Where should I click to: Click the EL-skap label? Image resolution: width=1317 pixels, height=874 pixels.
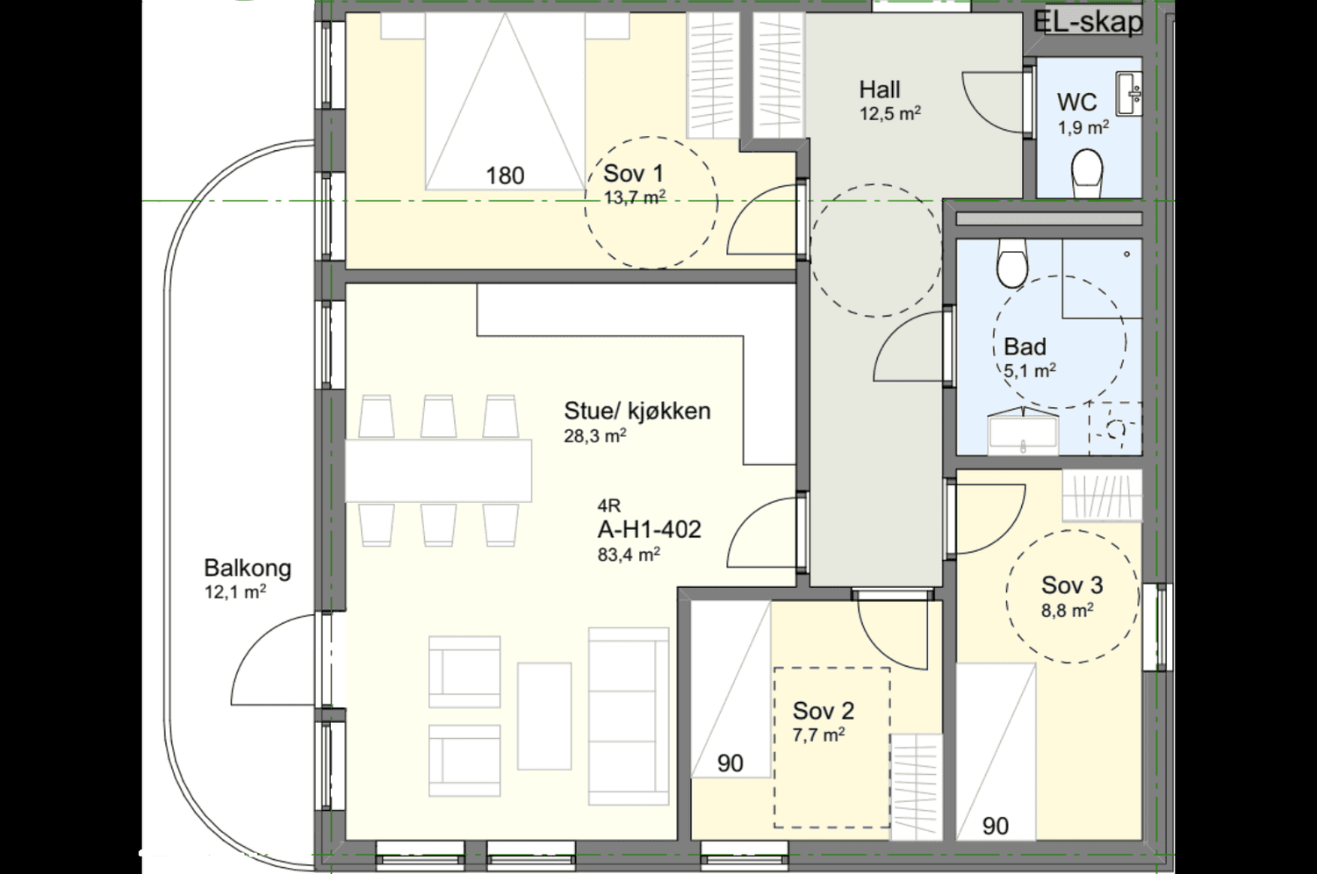tap(1088, 22)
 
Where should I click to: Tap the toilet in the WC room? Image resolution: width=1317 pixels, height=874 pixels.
tap(1087, 173)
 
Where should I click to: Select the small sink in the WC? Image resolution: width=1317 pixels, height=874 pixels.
tap(1129, 93)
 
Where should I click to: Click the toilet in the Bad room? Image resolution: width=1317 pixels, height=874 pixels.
tap(1012, 263)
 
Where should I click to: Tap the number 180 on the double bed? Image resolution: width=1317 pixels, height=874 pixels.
tap(505, 176)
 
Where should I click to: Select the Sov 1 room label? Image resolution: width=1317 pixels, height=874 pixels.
tap(633, 174)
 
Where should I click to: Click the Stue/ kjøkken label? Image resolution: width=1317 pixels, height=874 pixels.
tap(637, 411)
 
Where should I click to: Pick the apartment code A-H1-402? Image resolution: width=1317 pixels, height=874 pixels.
tap(649, 529)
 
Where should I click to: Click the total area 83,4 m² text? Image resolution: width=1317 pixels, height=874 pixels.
tap(629, 555)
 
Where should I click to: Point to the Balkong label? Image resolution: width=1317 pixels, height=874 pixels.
tap(248, 569)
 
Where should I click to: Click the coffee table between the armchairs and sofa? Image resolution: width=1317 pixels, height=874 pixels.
tap(543, 716)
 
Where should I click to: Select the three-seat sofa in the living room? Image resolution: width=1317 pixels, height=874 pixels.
tap(629, 716)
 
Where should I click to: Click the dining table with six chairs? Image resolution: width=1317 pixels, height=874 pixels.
tap(438, 471)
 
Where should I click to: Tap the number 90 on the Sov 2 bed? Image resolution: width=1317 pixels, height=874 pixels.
tap(730, 763)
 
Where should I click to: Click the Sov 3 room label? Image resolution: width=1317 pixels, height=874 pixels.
tap(1072, 584)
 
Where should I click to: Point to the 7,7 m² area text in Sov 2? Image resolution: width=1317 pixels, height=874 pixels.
tap(818, 734)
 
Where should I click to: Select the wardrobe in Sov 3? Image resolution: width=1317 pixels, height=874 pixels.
tap(1102, 495)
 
